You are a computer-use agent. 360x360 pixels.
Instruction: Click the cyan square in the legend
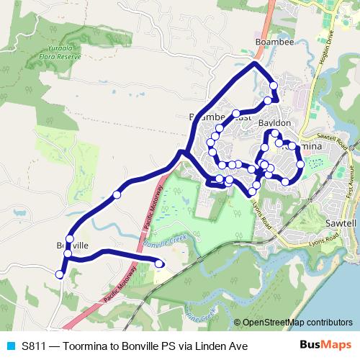(10, 346)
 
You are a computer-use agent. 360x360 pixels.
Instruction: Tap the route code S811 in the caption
(35, 346)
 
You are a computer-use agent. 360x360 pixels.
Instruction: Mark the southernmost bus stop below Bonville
(59, 274)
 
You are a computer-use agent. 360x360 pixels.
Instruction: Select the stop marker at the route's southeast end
(159, 264)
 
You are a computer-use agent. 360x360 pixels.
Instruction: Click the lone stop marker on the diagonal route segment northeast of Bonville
(117, 194)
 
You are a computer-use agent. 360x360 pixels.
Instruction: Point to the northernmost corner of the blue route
(254, 64)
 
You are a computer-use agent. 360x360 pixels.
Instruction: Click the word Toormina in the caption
(83, 346)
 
